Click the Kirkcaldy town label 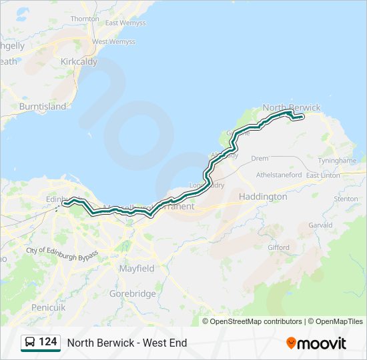[79, 61]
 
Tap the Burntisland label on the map [43, 106]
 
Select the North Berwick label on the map [292, 107]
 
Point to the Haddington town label [263, 197]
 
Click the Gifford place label [279, 247]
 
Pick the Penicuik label [48, 307]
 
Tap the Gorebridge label [133, 293]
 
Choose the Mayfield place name [137, 268]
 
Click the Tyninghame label [341, 162]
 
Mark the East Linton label [323, 175]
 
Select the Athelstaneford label [280, 175]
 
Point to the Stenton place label [346, 199]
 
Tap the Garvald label [320, 225]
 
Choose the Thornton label [85, 19]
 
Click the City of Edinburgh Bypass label [62, 255]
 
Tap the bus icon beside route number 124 [30, 342]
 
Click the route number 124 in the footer [48, 342]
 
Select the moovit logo [316, 343]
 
